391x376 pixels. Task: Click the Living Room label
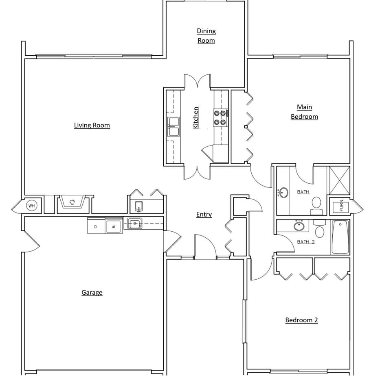pos(92,125)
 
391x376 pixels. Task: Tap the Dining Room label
pos(206,36)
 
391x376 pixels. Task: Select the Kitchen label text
pos(196,118)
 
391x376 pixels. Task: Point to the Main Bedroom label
pos(304,112)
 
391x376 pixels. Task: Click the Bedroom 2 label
pos(301,320)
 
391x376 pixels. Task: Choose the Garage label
pos(92,292)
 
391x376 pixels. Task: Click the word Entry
pos(204,215)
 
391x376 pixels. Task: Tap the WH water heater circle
pos(32,206)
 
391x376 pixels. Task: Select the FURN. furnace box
pos(341,206)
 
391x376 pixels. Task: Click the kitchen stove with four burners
pos(220,117)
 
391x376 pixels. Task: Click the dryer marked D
pos(96,226)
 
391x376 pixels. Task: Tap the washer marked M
pos(114,226)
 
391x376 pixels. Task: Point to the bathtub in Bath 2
pos(340,237)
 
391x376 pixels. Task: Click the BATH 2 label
pos(306,242)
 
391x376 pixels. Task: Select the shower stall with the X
pos(339,179)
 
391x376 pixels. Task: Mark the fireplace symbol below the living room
pos(72,202)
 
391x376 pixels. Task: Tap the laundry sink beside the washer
pos(134,223)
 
